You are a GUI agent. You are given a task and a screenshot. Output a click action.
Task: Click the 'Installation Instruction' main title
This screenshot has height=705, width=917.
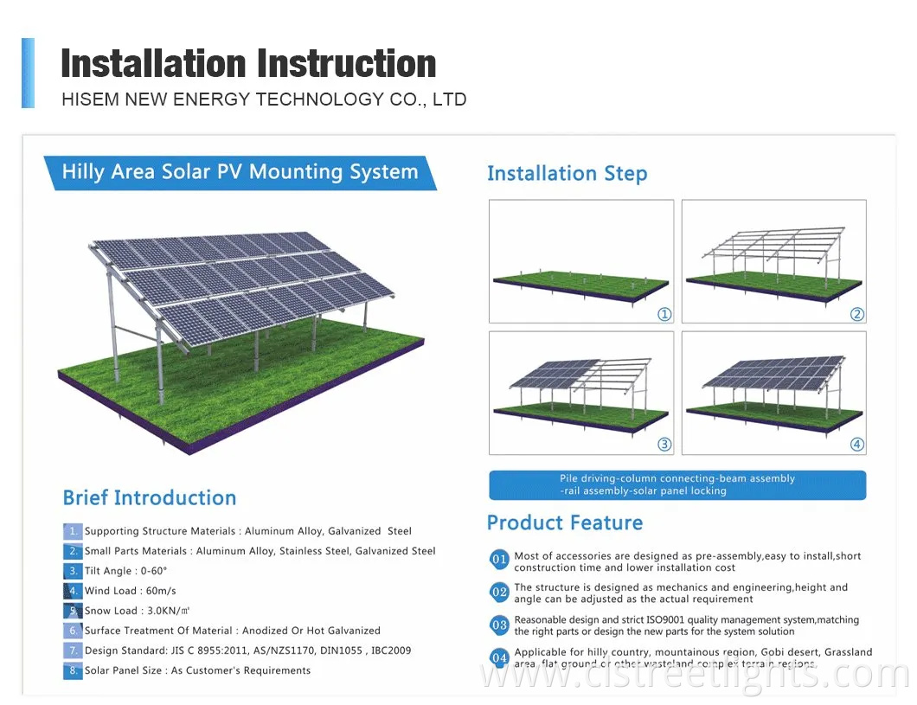pos(248,64)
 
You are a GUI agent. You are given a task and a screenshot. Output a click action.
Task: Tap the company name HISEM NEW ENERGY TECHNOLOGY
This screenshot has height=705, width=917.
pos(264,99)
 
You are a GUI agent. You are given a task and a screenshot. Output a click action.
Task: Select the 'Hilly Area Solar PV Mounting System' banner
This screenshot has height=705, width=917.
pos(240,172)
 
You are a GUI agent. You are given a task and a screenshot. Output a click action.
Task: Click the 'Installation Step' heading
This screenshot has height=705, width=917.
pos(567,174)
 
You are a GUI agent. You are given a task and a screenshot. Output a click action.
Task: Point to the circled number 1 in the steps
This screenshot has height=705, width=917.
pos(664,314)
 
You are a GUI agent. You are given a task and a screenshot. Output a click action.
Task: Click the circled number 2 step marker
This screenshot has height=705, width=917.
pos(856,314)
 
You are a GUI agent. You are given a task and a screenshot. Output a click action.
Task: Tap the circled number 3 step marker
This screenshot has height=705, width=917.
pos(664,445)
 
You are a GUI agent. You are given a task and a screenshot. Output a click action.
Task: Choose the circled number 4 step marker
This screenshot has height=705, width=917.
pos(856,445)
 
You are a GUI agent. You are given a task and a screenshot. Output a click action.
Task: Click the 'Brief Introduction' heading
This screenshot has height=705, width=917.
pos(149,498)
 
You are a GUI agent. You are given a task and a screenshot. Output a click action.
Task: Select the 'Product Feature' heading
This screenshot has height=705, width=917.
pos(564,522)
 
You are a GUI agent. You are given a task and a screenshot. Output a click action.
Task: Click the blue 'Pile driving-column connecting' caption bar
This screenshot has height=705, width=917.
pos(677,484)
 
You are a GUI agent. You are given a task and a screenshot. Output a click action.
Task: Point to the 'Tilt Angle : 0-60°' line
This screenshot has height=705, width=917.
pos(125,571)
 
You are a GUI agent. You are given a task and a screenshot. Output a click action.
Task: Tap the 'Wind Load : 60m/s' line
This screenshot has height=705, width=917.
pos(130,591)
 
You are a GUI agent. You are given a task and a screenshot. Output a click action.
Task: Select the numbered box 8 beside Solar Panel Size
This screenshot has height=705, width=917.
pos(72,671)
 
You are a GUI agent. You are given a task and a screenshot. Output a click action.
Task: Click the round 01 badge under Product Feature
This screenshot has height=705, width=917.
pos(499,561)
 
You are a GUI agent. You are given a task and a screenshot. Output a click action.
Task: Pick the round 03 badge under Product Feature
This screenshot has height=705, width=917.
pos(499,625)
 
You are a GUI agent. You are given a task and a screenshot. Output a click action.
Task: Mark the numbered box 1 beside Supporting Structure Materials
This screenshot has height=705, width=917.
pos(72,531)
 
